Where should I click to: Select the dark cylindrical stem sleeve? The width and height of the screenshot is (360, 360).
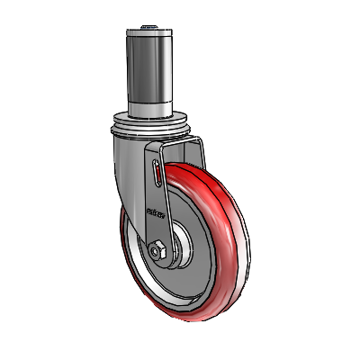pyautogui.click(x=149, y=72)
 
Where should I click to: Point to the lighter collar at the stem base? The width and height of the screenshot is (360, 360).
pyautogui.click(x=149, y=112)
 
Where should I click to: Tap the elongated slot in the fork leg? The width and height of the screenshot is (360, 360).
pyautogui.click(x=158, y=174)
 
